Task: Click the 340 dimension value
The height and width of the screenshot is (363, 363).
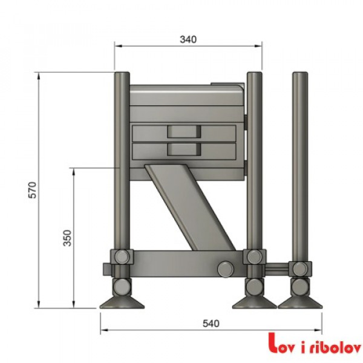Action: (188, 39)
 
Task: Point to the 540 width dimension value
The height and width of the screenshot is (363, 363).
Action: (209, 324)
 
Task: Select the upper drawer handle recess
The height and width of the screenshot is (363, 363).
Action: (183, 131)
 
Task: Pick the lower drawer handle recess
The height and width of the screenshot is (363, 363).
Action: (183, 148)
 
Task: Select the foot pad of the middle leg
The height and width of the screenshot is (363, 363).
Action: (255, 301)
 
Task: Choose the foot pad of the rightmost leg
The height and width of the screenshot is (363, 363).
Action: (298, 301)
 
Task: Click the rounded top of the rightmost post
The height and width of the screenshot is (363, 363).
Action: (299, 76)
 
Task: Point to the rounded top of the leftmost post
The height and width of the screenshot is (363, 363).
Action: (122, 76)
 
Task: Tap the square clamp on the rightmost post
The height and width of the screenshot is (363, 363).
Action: (299, 267)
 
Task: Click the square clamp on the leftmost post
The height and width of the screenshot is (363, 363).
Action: (122, 257)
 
